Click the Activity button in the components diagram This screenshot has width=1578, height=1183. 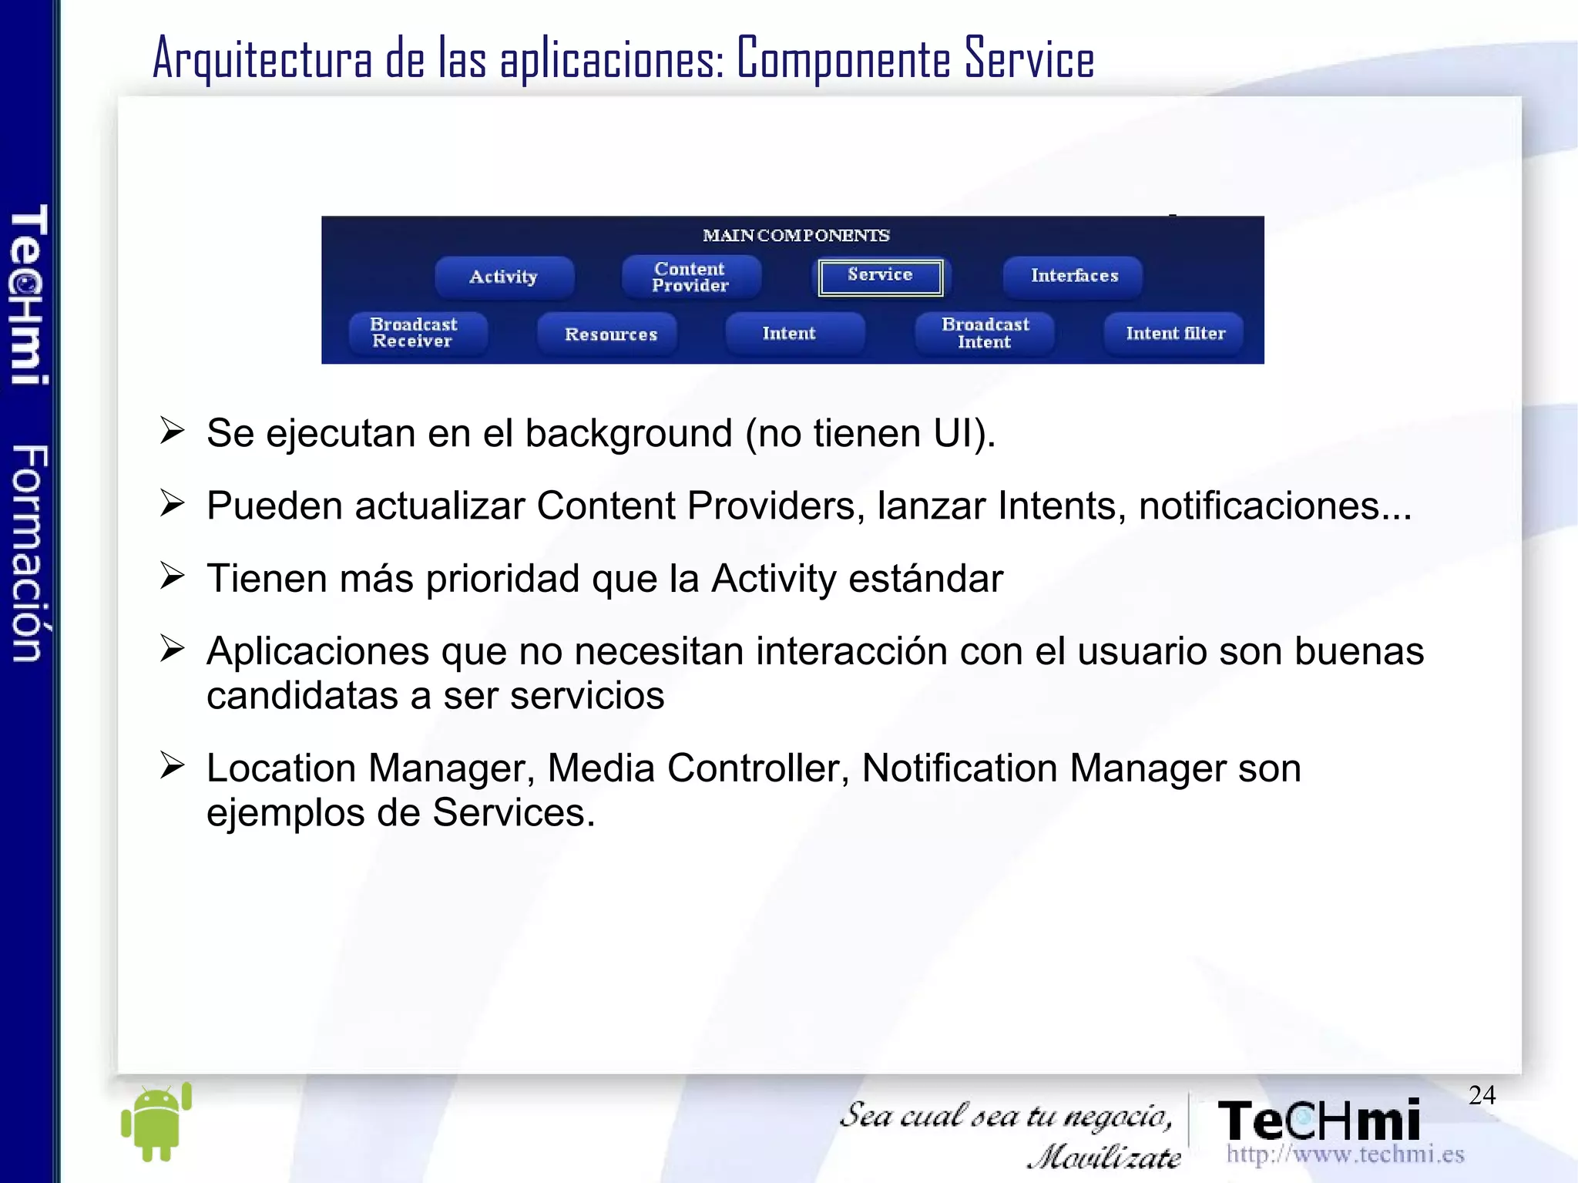(x=504, y=277)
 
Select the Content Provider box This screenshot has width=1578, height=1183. (x=690, y=277)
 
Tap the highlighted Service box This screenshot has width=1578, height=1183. (x=880, y=277)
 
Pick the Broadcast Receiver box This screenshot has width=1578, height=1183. (x=415, y=333)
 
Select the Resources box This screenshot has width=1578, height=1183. (x=609, y=334)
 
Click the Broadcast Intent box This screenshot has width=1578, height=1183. (x=984, y=333)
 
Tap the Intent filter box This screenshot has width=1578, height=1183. (x=1174, y=333)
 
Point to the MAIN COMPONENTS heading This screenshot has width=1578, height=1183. (x=795, y=235)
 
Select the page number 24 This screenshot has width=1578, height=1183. (x=1481, y=1095)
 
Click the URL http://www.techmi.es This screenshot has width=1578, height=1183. (x=1345, y=1154)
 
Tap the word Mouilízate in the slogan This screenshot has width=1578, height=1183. (x=1103, y=1157)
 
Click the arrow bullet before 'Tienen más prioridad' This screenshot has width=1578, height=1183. (x=172, y=576)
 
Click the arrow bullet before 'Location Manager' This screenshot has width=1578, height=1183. (x=172, y=765)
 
